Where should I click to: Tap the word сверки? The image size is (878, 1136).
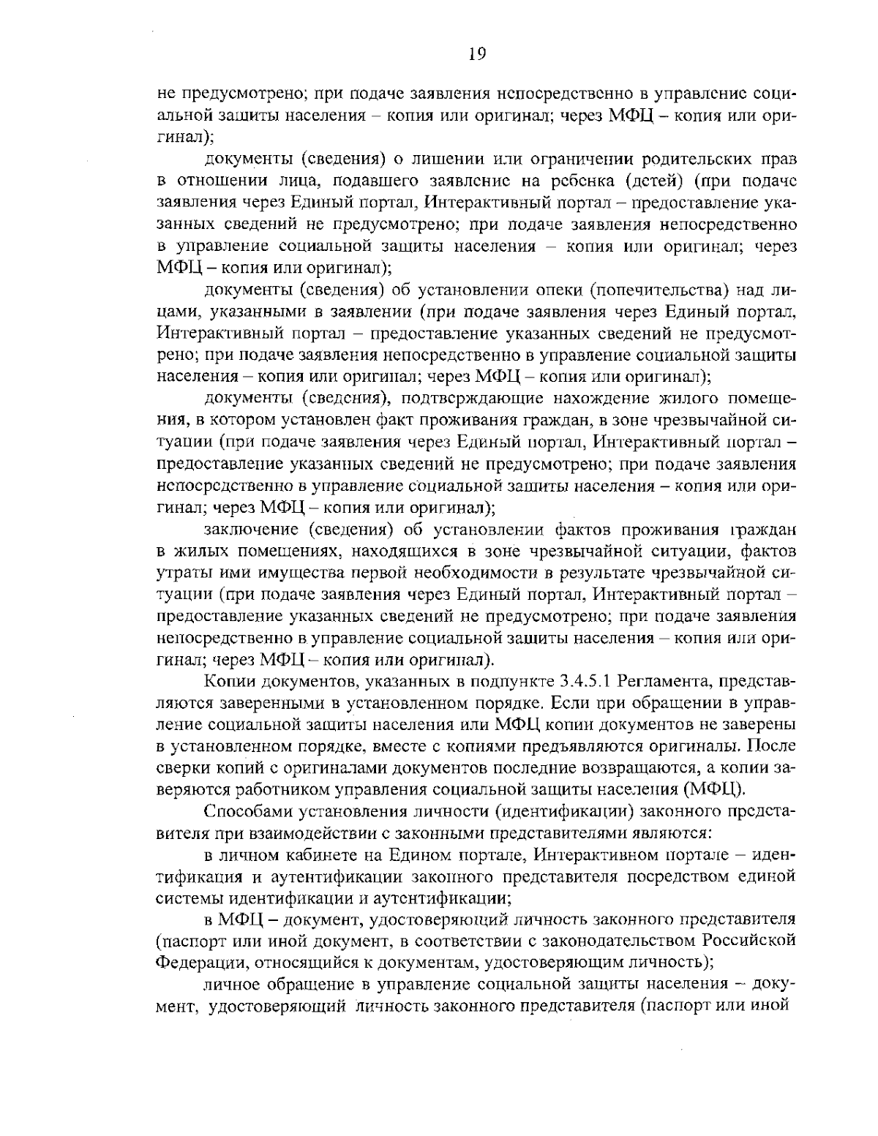(x=180, y=769)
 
